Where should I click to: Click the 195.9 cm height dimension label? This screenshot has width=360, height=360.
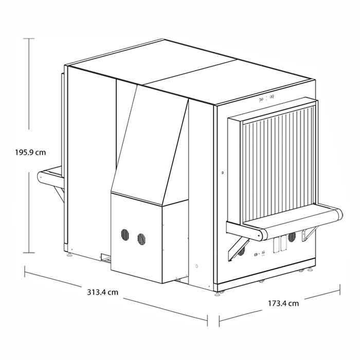coord(30,152)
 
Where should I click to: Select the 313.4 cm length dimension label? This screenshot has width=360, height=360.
coord(103,293)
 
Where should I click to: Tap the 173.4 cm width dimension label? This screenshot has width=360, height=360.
coord(283,303)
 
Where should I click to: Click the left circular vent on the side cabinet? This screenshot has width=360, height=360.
coord(125,235)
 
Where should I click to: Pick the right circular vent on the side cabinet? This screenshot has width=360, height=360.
coord(141,239)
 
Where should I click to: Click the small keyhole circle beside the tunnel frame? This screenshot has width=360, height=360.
coord(222,173)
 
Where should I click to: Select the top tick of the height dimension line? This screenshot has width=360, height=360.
coord(29,39)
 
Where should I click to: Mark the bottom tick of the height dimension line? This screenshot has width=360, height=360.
coord(29,253)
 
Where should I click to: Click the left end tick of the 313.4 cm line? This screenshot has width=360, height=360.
coord(25,272)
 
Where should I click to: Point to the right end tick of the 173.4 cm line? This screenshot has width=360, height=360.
coord(340,290)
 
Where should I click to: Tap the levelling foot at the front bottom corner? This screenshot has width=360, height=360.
coord(218,294)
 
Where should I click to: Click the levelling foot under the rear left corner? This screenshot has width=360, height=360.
coord(69,255)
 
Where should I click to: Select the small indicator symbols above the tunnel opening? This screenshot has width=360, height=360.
coord(266,99)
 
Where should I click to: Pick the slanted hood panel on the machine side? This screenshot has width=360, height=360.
coord(149,145)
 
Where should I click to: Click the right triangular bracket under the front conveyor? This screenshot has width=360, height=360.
coord(309,233)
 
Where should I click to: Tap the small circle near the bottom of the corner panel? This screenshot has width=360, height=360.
coord(196,266)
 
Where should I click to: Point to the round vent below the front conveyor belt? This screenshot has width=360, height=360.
coord(292,237)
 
